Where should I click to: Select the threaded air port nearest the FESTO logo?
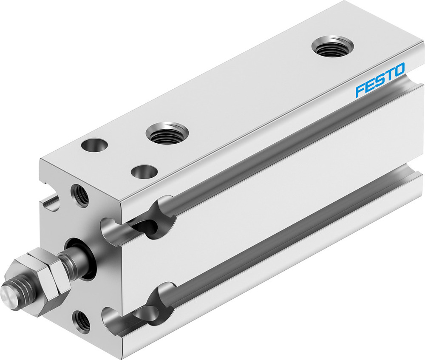point(332,46)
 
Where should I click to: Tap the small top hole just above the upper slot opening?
point(144,172)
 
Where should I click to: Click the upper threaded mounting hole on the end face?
point(80,195)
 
